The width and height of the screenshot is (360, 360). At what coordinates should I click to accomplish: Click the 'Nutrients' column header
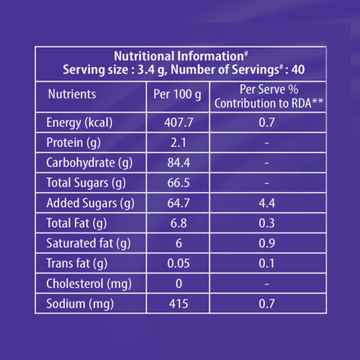pos(72,94)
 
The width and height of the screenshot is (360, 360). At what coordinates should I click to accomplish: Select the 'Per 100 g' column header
pos(177,94)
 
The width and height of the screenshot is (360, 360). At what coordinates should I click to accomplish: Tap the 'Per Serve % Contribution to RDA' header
pos(268,97)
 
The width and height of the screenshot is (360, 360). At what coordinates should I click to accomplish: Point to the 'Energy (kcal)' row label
pos(79,123)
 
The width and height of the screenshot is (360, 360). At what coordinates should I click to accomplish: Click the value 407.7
pos(178,122)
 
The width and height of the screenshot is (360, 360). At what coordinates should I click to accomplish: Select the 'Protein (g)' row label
pos(73,142)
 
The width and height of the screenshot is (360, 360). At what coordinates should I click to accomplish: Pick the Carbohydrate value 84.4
pos(178,163)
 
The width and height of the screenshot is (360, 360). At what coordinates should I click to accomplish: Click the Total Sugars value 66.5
pos(178,183)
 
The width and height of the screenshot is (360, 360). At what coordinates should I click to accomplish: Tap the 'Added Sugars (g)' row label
pos(90,203)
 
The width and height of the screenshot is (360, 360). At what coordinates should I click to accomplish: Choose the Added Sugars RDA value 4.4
pos(267,203)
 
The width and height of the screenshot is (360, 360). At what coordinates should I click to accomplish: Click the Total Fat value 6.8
pos(178,223)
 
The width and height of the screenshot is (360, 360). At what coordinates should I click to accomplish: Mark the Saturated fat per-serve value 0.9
pos(267,243)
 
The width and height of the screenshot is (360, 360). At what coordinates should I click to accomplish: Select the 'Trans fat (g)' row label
pos(76,263)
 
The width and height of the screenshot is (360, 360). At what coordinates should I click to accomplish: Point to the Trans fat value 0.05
pos(178,263)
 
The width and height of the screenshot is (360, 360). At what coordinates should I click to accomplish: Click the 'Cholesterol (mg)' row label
pos(88,283)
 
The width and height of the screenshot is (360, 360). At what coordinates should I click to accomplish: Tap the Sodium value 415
pos(178,304)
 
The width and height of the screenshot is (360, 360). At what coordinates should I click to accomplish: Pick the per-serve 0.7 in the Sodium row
pos(267,304)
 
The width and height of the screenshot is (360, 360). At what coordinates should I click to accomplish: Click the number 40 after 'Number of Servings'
pos(298,70)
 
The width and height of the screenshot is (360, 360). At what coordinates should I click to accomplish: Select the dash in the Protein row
pos(267,143)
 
